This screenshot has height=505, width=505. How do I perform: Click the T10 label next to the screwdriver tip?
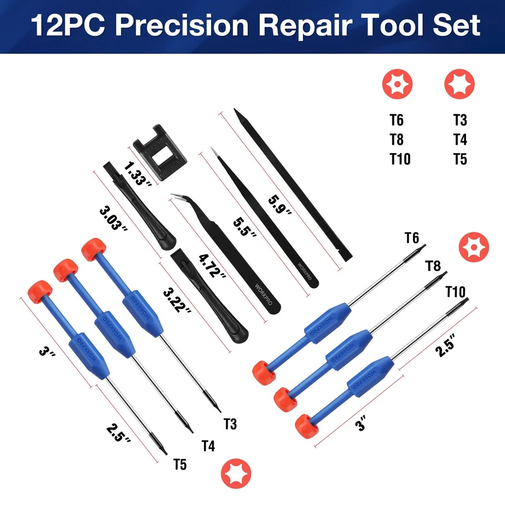coord(455,291)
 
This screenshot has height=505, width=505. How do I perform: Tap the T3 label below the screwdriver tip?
coord(230,424)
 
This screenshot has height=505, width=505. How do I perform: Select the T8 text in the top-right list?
coord(397,139)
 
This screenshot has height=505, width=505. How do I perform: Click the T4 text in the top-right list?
coord(460,139)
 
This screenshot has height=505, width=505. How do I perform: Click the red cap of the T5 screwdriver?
coord(40,290)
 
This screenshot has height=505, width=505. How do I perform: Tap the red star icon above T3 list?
coord(459,84)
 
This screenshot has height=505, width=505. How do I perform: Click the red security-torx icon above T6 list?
coord(397,84)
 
